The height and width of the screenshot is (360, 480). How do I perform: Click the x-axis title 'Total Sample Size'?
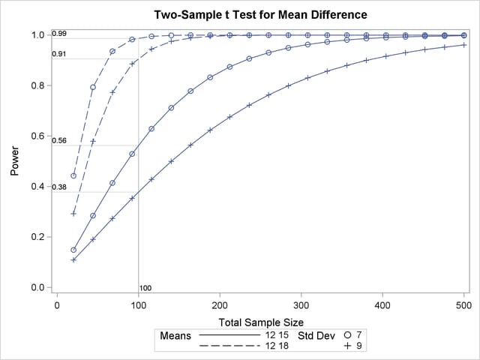coord(260,320)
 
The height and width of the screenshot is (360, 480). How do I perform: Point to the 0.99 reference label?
coord(59,34)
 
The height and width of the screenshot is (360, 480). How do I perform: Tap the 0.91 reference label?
coord(59,54)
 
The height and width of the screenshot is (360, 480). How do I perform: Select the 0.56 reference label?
coord(59,140)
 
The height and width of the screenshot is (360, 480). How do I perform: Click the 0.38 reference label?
coord(59,187)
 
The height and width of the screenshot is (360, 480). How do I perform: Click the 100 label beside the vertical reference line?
coord(145,288)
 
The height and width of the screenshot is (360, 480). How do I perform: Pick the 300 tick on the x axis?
coord(301,306)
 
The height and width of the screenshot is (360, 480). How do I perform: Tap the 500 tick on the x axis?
coord(463,306)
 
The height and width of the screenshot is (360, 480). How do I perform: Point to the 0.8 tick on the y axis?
coord(37,85)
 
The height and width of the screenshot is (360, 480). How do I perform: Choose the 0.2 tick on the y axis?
coord(37,237)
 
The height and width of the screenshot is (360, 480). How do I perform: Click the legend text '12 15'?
coord(275,335)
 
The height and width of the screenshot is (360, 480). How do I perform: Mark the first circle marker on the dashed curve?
coord(73,175)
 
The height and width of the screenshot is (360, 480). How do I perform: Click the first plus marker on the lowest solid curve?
coord(73,259)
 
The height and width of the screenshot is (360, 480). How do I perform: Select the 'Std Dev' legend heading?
coord(316,335)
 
